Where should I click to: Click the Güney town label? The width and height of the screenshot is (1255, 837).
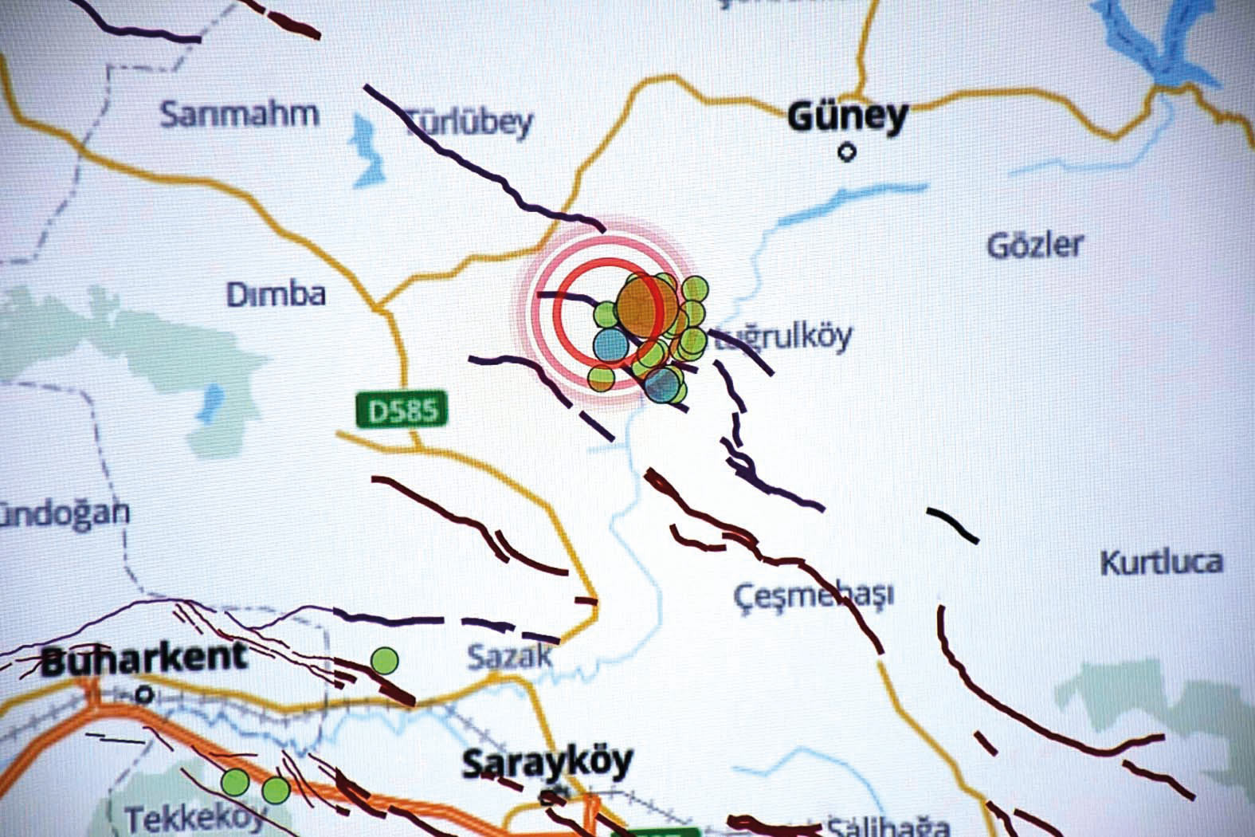[847, 117]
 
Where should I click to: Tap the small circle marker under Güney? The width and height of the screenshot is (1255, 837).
[848, 151]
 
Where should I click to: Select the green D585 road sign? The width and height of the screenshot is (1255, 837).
[402, 410]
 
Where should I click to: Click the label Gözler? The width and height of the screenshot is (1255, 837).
[1035, 245]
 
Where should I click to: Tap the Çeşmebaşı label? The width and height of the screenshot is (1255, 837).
[813, 595]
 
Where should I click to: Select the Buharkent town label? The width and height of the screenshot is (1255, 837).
[143, 658]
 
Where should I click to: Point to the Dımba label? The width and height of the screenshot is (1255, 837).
[276, 295]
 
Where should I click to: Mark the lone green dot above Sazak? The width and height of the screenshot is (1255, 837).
[385, 660]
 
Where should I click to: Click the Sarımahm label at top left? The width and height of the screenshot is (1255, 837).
[239, 114]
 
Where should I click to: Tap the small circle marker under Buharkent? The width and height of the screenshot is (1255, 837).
[144, 695]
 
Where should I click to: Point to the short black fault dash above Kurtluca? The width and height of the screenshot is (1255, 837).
[952, 524]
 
